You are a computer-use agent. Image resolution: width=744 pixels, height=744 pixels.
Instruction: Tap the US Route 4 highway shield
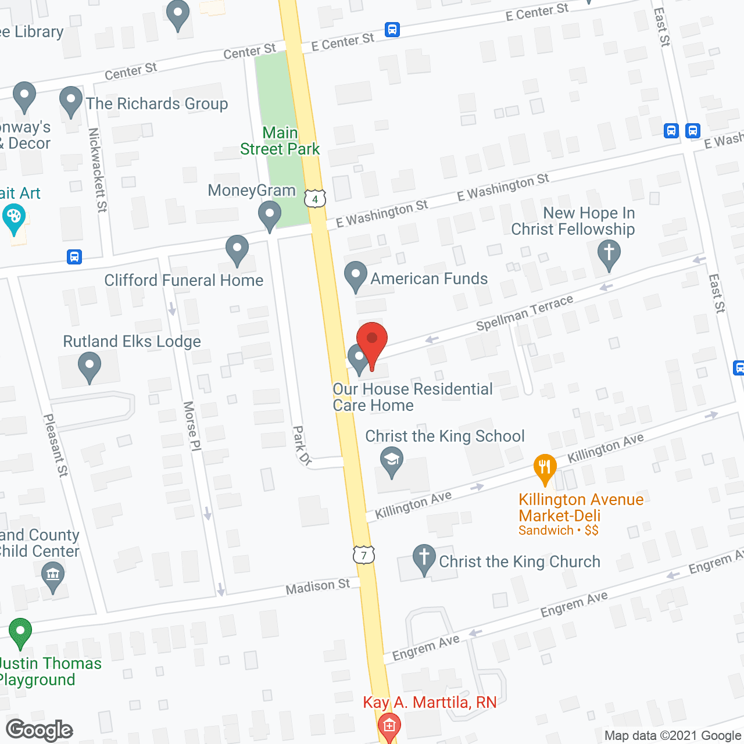(x=315, y=199)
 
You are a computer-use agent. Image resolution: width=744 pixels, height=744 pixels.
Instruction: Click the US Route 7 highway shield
(x=364, y=555)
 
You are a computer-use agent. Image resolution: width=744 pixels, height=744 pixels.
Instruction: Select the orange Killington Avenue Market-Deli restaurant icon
(x=545, y=468)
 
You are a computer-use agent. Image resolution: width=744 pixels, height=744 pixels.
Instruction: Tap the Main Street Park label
(x=280, y=141)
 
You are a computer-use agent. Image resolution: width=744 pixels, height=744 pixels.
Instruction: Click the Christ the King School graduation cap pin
(x=392, y=460)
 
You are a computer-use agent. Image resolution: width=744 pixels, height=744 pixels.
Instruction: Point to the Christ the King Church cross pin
(x=424, y=559)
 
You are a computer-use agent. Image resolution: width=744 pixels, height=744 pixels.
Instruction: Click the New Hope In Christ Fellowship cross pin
(x=609, y=255)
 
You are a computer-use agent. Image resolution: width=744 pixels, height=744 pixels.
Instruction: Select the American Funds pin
(x=356, y=276)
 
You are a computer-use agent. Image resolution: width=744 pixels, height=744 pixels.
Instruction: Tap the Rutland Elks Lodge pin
(x=89, y=367)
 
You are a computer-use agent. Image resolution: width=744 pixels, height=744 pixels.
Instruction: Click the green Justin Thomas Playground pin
(x=20, y=632)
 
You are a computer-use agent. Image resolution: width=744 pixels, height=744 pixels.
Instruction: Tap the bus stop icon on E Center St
(x=392, y=29)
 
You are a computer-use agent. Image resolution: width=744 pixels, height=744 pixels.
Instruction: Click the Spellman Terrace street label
(x=524, y=313)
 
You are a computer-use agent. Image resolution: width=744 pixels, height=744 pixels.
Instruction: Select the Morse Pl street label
(x=192, y=425)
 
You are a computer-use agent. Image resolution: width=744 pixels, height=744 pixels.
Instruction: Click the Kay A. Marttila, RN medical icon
(x=389, y=726)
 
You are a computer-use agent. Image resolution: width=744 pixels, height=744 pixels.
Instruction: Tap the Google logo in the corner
(x=40, y=730)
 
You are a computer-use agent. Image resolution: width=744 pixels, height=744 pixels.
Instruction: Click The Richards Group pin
(x=70, y=101)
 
